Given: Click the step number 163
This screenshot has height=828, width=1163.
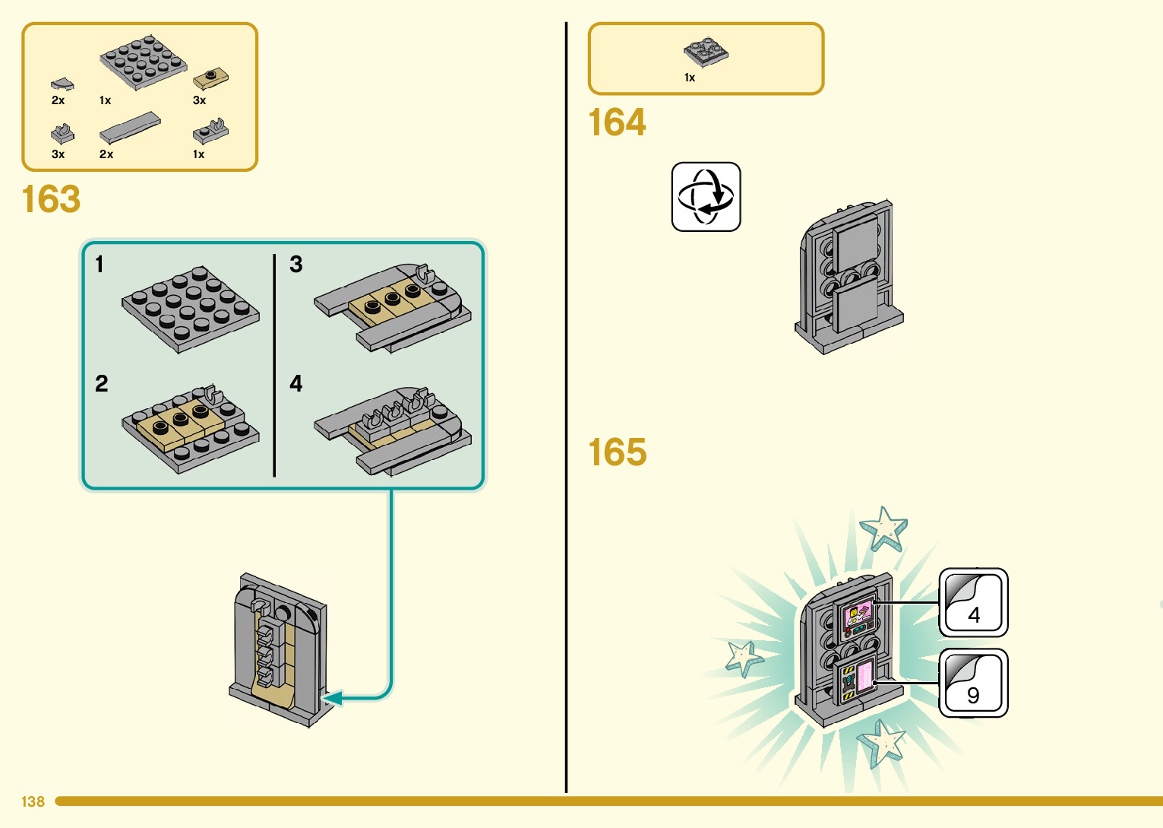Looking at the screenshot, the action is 51,198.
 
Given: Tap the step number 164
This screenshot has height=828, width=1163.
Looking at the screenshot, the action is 618,122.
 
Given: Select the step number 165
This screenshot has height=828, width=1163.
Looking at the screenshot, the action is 618,452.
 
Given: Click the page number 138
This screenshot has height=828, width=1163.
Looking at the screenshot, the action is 33,801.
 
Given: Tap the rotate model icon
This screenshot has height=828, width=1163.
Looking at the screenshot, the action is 706,196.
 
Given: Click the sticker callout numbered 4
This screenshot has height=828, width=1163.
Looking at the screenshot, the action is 974,602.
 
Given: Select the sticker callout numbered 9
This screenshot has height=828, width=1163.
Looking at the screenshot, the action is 974,683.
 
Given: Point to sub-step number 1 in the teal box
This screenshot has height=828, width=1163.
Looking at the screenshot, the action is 100,264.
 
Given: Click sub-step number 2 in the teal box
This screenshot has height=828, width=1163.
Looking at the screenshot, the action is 101,384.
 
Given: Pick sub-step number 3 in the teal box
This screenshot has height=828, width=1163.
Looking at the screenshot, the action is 296,264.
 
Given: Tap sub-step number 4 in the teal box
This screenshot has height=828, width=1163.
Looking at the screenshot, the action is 296,384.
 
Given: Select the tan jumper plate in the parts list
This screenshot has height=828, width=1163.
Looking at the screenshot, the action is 210,78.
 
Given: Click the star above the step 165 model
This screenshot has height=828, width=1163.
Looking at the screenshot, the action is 883,529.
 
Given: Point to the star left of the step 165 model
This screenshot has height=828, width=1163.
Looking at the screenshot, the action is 744,658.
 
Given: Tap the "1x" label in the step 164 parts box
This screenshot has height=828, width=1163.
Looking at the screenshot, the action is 690,78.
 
